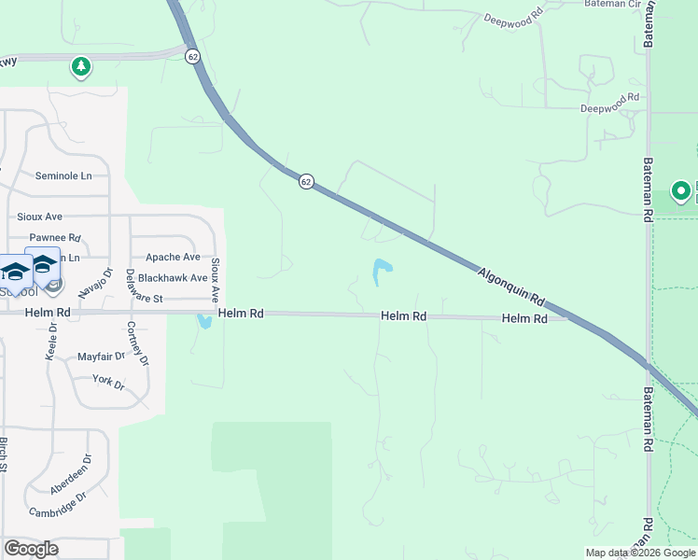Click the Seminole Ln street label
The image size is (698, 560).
[63, 175]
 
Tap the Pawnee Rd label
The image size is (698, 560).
[55, 238]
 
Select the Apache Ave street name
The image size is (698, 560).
[173, 257]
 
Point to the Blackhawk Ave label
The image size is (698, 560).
[173, 278]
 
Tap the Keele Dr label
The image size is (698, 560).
[50, 343]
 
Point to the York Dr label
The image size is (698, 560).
[108, 380]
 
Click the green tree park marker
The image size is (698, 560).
[81, 67]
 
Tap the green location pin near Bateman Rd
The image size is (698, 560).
[681, 192]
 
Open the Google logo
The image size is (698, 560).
[31, 549]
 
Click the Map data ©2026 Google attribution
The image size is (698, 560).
[640, 553]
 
